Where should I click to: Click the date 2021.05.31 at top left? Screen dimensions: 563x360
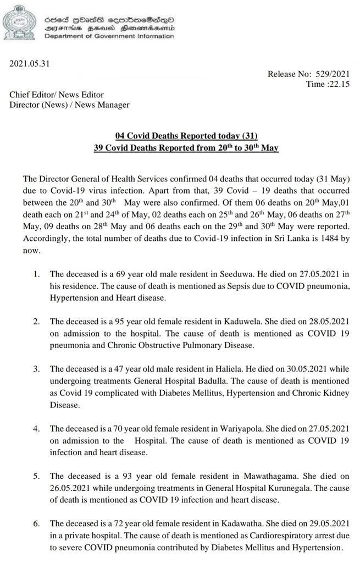coord(30,63)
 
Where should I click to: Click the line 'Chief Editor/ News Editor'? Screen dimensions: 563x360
coord(56,95)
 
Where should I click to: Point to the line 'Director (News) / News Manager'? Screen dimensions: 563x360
coord(69,104)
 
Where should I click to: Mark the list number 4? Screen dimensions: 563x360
coord(37,428)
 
